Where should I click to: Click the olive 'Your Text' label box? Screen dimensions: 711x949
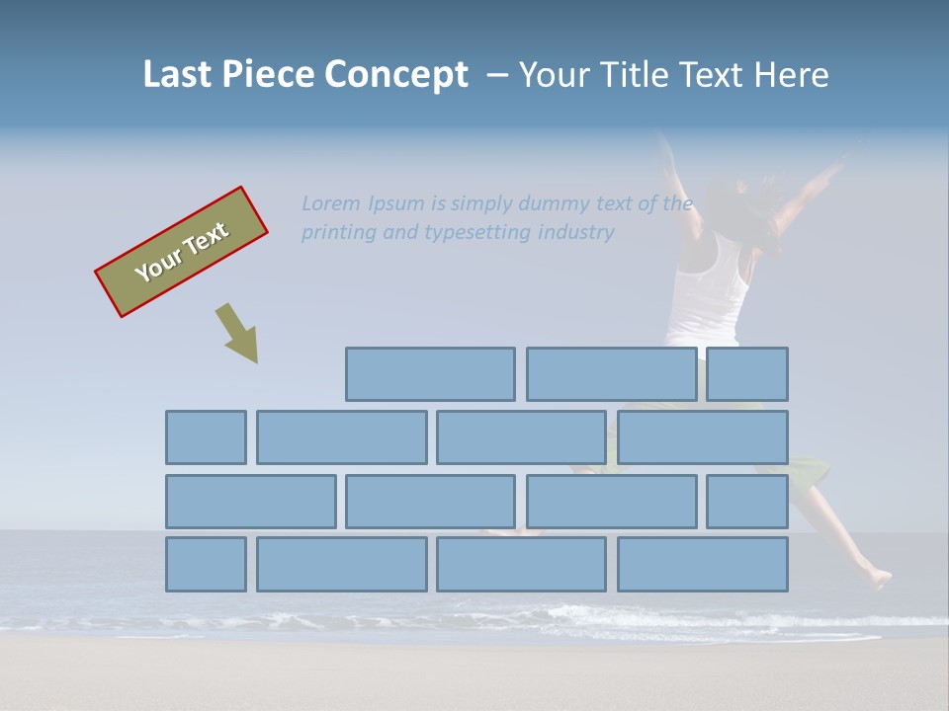[x=181, y=252]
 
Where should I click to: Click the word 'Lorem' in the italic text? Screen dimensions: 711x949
[x=332, y=203]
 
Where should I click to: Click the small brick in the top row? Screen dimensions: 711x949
[x=747, y=374]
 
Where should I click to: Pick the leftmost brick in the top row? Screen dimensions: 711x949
[x=430, y=374]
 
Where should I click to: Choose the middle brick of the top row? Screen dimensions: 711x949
[x=611, y=374]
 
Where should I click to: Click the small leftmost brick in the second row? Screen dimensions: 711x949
[x=206, y=437]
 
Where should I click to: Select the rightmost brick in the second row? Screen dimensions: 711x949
[x=703, y=437]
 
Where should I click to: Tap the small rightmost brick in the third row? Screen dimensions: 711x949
[x=747, y=502]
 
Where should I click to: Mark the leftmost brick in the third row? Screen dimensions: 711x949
[x=250, y=502]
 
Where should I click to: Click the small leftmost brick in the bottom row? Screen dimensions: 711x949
[x=206, y=565]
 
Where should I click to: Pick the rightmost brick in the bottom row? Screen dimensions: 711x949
[x=703, y=565]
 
